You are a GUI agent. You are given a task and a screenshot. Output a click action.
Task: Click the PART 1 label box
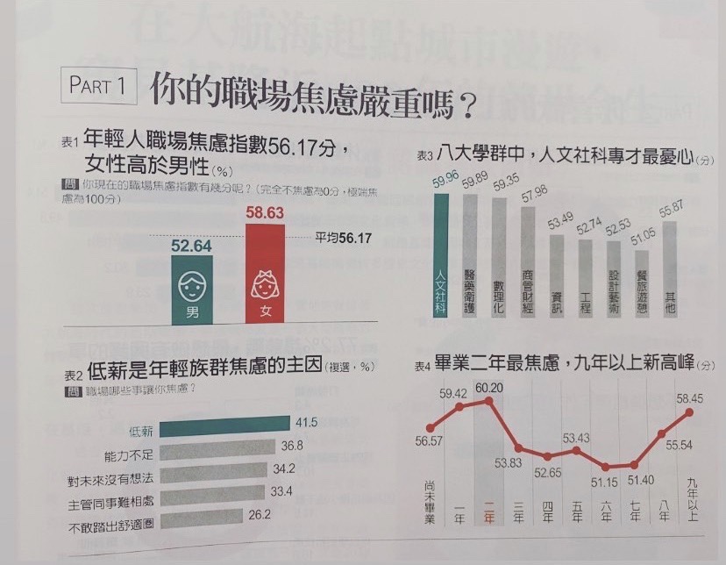98,87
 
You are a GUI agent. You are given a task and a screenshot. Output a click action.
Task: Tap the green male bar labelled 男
192,290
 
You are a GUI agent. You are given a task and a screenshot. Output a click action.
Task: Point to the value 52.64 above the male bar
192,247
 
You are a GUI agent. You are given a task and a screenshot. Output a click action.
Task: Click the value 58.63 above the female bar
265,213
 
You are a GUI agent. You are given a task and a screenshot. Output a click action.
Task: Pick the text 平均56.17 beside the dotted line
344,238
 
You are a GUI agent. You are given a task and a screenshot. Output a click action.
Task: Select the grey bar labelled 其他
670,272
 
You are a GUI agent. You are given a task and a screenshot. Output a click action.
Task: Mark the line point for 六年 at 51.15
605,468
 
